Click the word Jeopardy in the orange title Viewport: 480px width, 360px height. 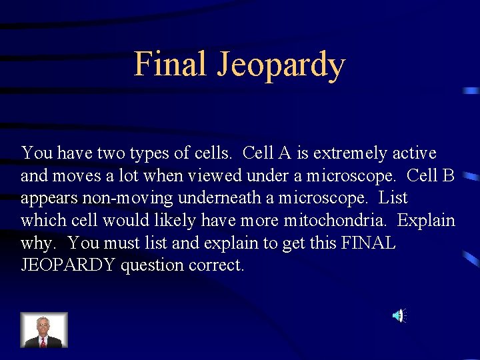point(281,66)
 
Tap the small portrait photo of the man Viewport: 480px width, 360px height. point(44,330)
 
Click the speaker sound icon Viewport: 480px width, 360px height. point(397,315)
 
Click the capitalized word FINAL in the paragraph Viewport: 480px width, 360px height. point(369,243)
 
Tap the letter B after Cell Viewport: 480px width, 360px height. point(448,176)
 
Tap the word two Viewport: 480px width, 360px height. point(105,153)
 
